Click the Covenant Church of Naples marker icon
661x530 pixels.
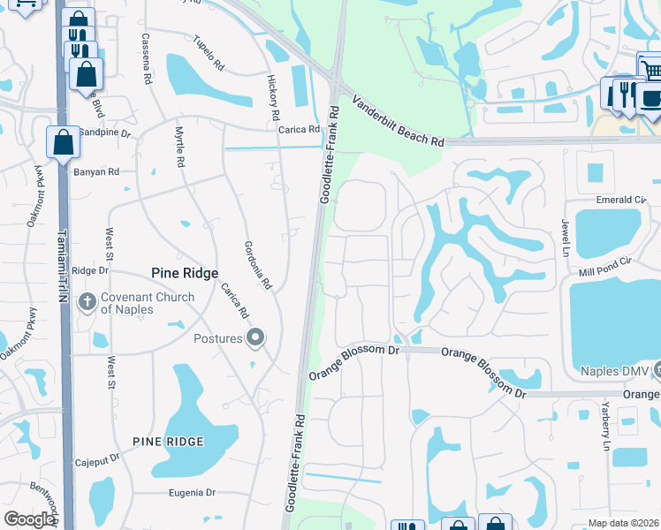click(87, 302)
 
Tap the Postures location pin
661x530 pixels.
click(256, 337)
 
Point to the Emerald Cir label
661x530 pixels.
click(616, 201)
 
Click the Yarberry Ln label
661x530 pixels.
click(606, 428)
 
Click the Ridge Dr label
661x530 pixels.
click(89, 271)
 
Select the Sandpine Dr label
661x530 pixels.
click(104, 134)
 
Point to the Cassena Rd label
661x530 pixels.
click(148, 54)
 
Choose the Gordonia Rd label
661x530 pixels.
click(258, 265)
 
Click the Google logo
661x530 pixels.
click(29, 519)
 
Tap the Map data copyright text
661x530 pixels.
click(624, 523)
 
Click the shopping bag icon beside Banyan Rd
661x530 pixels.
click(63, 142)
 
